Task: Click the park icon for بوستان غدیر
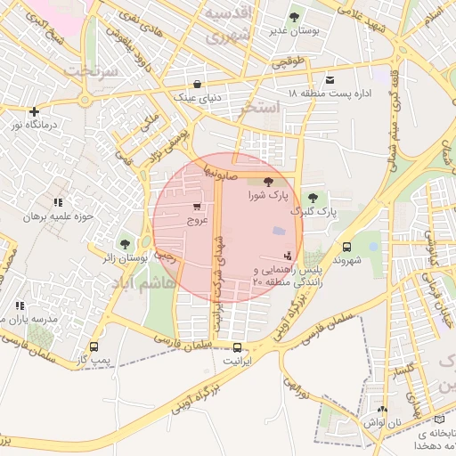point(295,17)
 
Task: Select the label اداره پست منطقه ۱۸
point(329,93)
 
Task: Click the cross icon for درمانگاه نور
point(34,112)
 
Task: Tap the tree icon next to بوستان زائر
point(124,243)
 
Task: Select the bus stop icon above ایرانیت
point(237,347)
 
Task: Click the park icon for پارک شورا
point(269,182)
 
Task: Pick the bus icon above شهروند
point(346,248)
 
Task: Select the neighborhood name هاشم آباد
point(142,281)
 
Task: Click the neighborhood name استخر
point(260,108)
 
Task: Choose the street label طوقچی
point(288,62)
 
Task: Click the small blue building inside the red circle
point(280,231)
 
